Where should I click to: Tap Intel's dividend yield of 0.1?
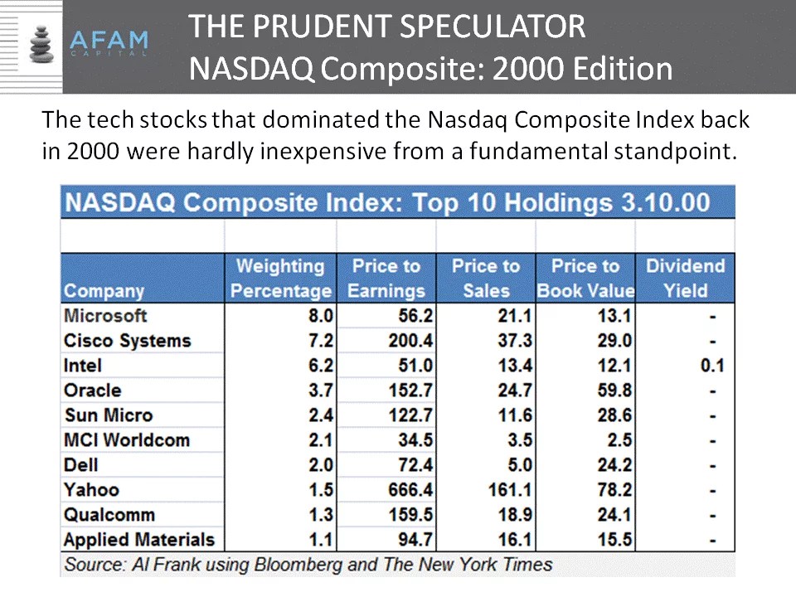click(x=711, y=366)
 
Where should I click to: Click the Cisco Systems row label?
click(x=127, y=341)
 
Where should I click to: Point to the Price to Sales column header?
click(x=485, y=279)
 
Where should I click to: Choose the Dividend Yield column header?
click(x=685, y=279)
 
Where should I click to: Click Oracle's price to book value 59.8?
click(x=615, y=391)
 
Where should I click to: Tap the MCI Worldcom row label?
click(x=126, y=440)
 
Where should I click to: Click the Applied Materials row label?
click(x=138, y=540)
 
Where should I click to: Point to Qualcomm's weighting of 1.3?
click(x=321, y=515)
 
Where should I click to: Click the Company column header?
click(x=104, y=291)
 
